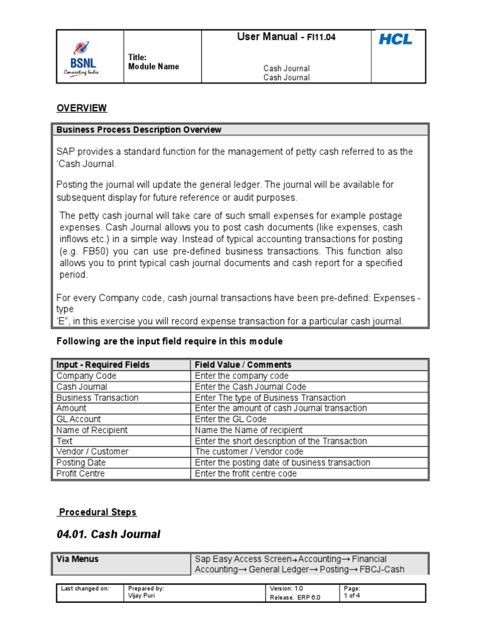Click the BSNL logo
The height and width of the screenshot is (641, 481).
[x=81, y=58]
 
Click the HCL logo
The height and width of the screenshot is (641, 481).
[x=395, y=39]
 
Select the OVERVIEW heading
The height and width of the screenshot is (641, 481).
[x=81, y=108]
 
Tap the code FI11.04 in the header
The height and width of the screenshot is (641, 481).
[x=321, y=38]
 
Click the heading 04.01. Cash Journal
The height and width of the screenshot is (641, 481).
[x=108, y=534]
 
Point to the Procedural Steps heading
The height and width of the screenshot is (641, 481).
[x=97, y=512]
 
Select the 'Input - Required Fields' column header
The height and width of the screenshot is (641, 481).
[x=103, y=365]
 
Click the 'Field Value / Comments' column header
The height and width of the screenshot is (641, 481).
[x=243, y=365]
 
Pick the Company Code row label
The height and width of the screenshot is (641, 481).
[x=86, y=376]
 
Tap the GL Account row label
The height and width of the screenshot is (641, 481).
[x=78, y=419]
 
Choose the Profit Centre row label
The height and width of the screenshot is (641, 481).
[x=81, y=474]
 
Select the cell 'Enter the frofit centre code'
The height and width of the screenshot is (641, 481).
[x=246, y=474]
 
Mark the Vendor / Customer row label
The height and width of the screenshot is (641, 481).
[x=92, y=452]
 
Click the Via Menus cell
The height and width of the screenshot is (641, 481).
[x=78, y=559]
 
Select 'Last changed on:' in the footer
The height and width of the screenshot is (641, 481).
[x=85, y=589]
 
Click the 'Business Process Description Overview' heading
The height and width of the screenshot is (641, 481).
[x=139, y=130]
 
